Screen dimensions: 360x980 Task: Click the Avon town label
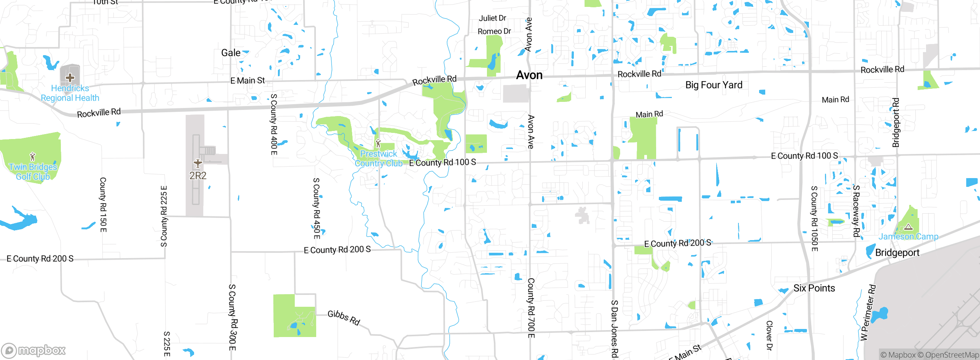(x=529, y=75)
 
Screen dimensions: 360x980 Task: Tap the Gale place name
(x=231, y=53)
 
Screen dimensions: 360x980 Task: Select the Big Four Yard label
(x=714, y=85)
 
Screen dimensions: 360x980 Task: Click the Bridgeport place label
(x=897, y=253)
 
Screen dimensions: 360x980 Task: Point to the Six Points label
(x=814, y=288)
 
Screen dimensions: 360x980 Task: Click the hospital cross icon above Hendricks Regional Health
(x=70, y=78)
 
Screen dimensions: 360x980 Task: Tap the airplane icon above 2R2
(x=198, y=164)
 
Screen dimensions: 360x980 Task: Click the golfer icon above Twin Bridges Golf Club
(x=33, y=157)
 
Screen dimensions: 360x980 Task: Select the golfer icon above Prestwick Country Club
(x=378, y=144)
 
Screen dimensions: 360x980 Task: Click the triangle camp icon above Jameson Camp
(x=908, y=227)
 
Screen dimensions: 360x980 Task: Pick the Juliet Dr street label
(x=492, y=18)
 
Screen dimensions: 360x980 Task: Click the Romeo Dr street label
(x=494, y=31)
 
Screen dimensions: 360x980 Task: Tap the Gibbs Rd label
(x=344, y=317)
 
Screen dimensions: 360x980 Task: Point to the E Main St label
(x=247, y=81)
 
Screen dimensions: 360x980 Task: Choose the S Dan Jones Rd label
(x=614, y=329)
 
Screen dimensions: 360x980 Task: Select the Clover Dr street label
(x=769, y=335)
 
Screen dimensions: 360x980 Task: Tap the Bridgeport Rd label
(x=896, y=123)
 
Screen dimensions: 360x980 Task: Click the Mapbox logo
(x=34, y=350)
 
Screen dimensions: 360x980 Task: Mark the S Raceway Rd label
(x=856, y=211)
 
